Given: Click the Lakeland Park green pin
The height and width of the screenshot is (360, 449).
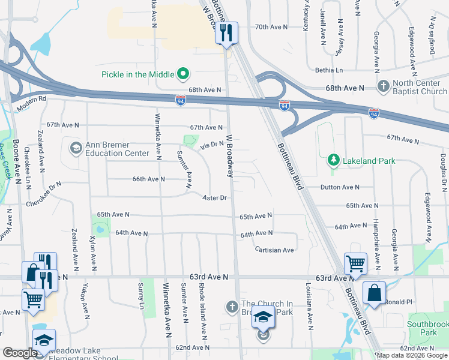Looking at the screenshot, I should tap(333, 160).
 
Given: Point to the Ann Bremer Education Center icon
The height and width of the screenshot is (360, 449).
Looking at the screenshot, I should tap(76, 148).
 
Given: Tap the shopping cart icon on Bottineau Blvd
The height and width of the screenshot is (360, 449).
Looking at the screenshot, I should tap(355, 263).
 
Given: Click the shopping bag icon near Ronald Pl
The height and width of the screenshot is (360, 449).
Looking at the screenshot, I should tap(374, 293).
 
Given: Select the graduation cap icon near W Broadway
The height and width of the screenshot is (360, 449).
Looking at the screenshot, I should tap(263, 316).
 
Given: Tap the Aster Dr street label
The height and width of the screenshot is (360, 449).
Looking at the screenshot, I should tap(214, 197).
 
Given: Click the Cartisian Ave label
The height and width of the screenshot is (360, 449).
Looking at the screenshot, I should tap(274, 250).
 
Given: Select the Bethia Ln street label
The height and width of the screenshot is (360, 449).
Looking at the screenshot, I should tap(329, 70).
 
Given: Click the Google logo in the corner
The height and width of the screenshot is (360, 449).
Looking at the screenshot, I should tap(20, 353).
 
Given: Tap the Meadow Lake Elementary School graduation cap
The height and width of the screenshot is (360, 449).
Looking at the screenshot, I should tap(43, 340).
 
